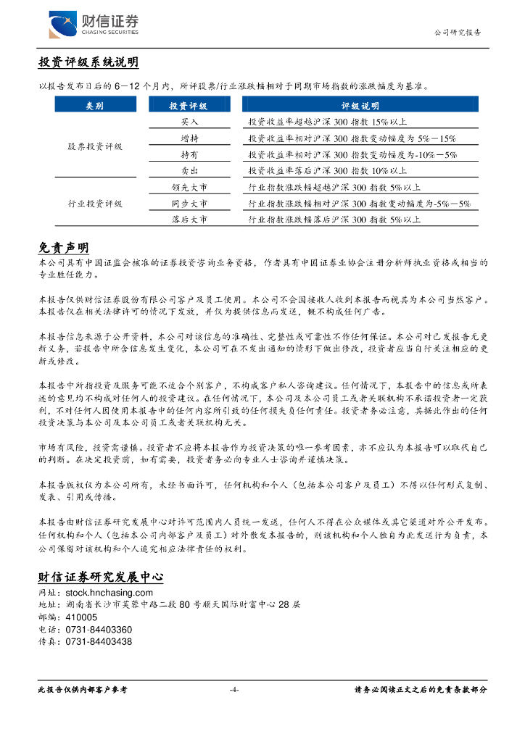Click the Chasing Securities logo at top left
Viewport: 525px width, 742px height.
(x=93, y=24)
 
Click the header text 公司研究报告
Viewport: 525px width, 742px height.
(x=457, y=33)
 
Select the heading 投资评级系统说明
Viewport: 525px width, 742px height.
(x=88, y=63)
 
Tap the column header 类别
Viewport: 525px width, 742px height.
(x=94, y=106)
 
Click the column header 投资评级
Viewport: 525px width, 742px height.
(x=189, y=106)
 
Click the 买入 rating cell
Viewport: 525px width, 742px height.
(x=189, y=122)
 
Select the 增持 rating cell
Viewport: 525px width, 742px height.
(x=189, y=138)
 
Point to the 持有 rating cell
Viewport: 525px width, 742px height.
(x=189, y=154)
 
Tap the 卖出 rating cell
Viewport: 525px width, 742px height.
(x=189, y=171)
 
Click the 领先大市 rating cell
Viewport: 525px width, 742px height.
(x=189, y=188)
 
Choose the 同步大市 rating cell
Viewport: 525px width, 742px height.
(x=189, y=204)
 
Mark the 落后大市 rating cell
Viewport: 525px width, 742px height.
(x=189, y=220)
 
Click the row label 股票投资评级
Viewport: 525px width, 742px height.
(x=95, y=146)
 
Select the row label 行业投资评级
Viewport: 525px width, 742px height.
(x=95, y=204)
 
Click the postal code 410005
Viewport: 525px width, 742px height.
(x=81, y=617)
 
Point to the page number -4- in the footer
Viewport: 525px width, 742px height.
(x=233, y=690)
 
